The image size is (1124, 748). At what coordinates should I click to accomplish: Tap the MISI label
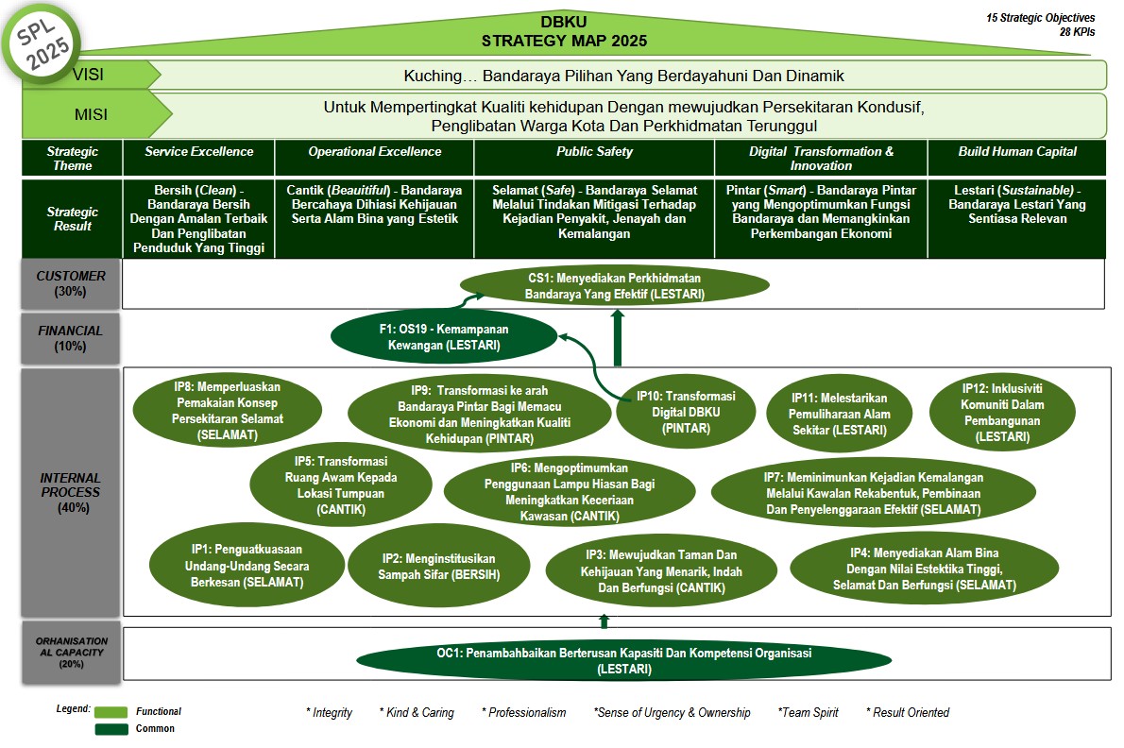tap(91, 115)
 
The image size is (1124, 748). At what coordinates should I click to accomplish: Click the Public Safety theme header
tap(594, 152)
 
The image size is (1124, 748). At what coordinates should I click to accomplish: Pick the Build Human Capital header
tap(1016, 152)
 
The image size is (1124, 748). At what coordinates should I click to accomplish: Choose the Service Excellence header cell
tap(198, 152)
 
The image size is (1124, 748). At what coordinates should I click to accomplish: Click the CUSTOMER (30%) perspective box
tap(71, 283)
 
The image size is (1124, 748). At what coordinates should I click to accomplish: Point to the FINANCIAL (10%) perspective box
tap(71, 338)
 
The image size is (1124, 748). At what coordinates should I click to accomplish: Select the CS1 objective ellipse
tap(614, 286)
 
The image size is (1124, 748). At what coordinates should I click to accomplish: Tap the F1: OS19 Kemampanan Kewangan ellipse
tap(443, 338)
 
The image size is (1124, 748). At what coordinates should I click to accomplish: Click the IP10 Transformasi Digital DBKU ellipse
tap(685, 411)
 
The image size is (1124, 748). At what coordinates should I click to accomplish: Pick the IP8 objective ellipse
tap(227, 412)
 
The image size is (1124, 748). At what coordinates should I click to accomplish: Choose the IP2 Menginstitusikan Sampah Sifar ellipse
tap(438, 567)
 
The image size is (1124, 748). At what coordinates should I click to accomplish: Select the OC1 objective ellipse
tap(623, 660)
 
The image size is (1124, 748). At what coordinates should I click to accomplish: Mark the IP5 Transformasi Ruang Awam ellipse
tap(341, 484)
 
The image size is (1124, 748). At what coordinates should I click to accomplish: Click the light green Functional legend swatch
tap(111, 712)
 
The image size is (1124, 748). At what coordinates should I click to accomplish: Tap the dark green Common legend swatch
tap(111, 728)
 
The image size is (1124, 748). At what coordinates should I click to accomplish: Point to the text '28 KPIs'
tap(1077, 31)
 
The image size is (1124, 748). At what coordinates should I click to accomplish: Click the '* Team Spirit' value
tap(808, 712)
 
